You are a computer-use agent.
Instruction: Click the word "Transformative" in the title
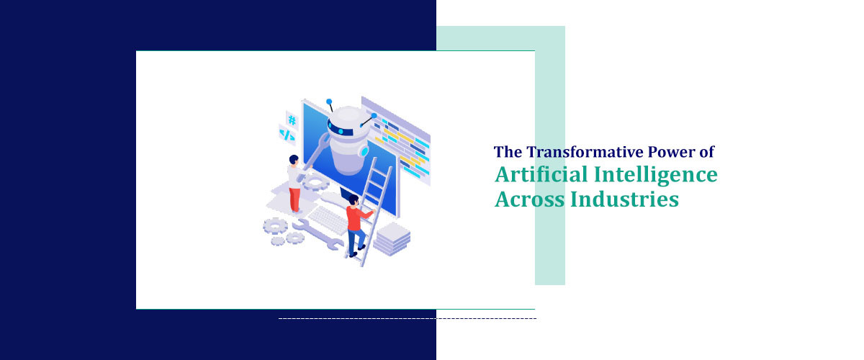click(x=568, y=152)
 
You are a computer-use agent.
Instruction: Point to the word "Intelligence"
click(x=652, y=175)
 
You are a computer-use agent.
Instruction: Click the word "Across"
click(x=528, y=198)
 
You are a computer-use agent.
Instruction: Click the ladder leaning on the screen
click(x=374, y=209)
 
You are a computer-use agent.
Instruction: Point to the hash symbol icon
click(x=292, y=120)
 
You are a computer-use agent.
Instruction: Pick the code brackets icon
click(x=287, y=135)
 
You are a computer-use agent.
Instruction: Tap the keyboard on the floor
click(x=328, y=219)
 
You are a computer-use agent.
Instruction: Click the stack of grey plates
click(x=392, y=238)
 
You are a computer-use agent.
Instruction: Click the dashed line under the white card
click(x=407, y=318)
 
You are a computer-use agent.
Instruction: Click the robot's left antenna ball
click(x=329, y=102)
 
